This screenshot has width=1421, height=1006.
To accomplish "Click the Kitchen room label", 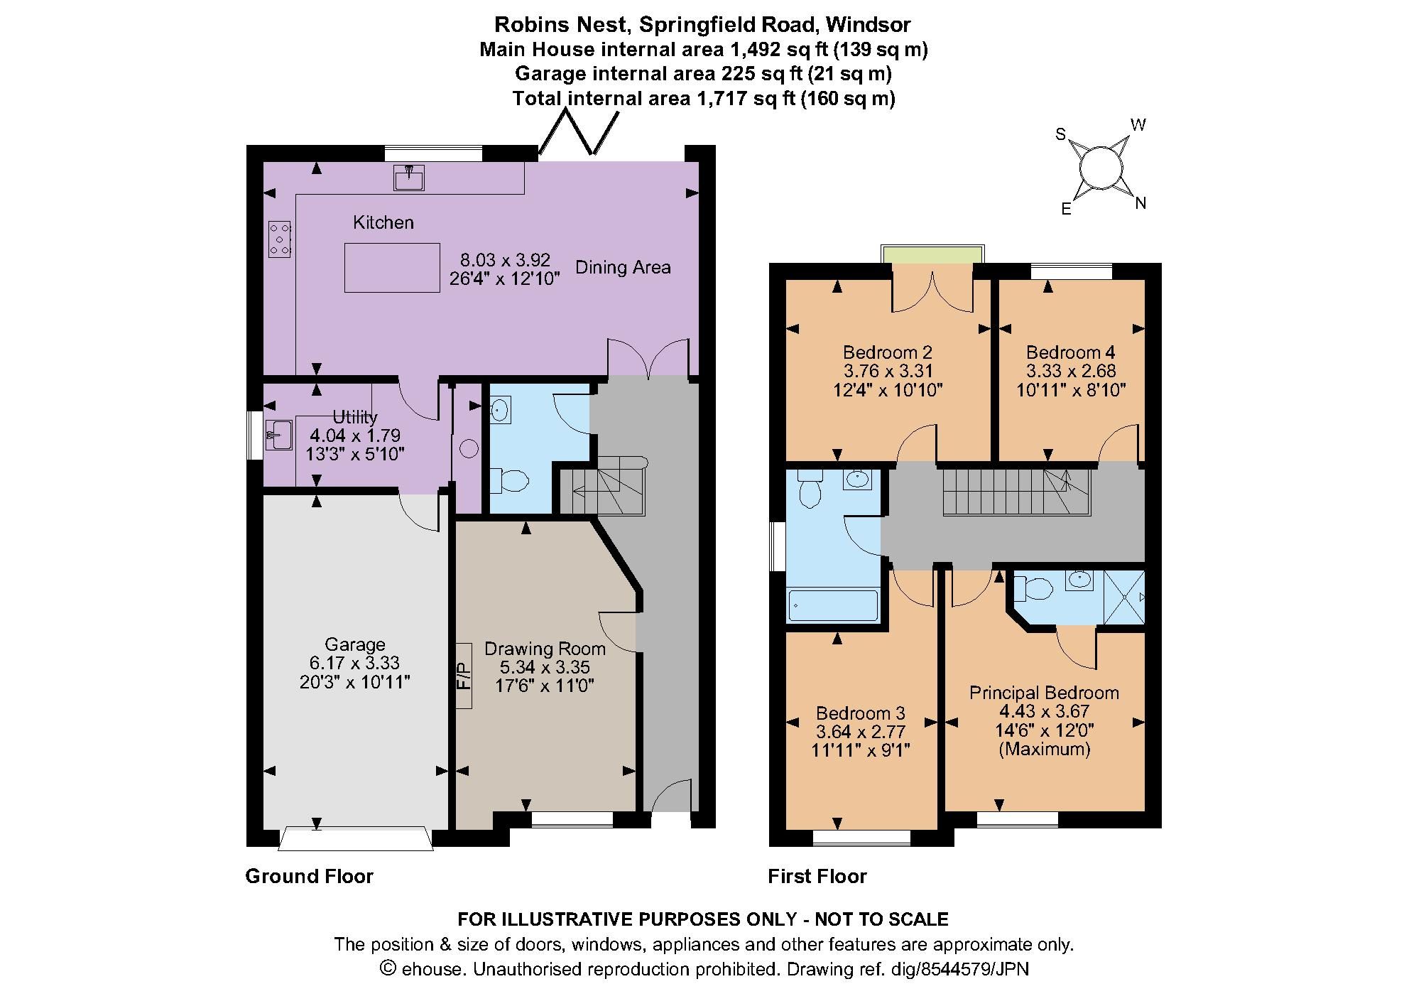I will (x=383, y=222).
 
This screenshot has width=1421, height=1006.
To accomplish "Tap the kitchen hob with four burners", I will (x=279, y=239).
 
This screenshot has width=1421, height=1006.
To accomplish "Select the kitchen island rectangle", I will (x=392, y=267).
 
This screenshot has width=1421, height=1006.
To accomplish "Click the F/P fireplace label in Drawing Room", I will (x=463, y=676).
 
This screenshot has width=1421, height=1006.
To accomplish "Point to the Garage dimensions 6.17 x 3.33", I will (x=354, y=663).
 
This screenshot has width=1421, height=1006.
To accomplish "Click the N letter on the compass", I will (x=1140, y=203).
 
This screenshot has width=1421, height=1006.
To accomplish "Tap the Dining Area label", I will (x=623, y=267).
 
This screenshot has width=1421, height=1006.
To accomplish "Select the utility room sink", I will (x=279, y=435).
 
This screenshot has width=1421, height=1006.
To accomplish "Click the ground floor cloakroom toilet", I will (x=508, y=481).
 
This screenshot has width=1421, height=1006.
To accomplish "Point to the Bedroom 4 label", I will (x=1070, y=352).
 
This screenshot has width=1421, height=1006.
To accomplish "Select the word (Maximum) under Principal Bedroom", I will (x=1044, y=749).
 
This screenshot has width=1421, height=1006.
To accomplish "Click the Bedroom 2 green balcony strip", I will (x=932, y=254).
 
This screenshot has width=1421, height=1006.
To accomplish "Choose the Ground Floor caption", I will (x=309, y=876).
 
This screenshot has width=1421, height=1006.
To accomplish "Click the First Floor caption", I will (x=817, y=876).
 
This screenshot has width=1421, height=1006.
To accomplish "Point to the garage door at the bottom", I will (x=355, y=838).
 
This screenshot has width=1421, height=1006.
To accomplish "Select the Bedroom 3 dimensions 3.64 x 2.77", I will (x=860, y=731).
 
